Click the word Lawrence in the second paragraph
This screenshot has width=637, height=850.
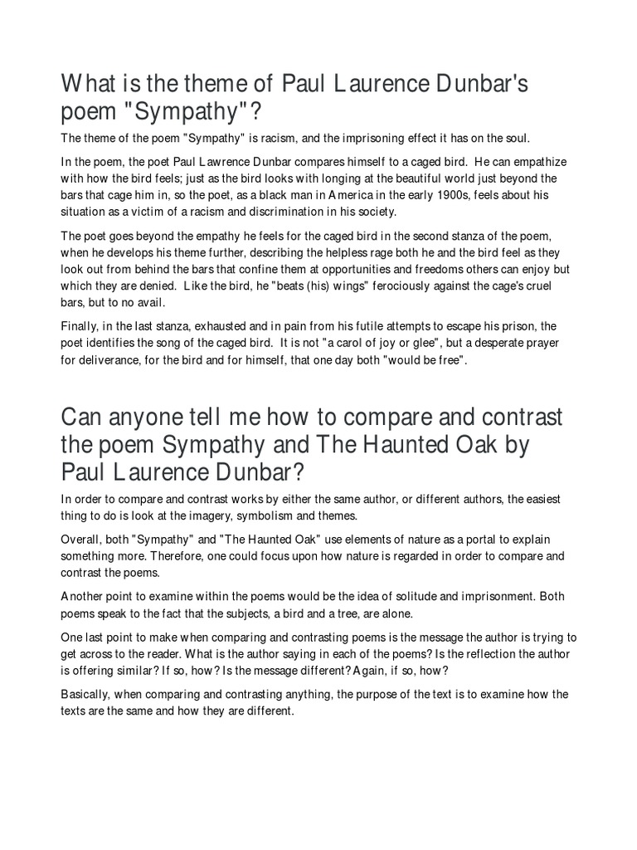(x=223, y=161)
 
